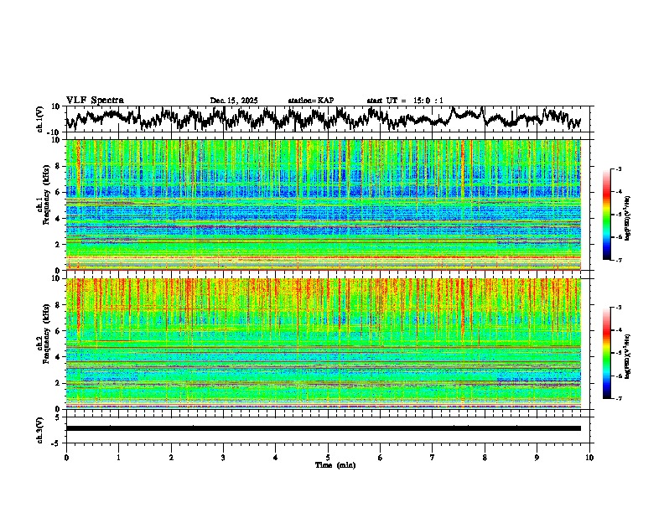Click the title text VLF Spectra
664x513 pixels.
pos(95,100)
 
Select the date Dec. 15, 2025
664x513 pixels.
pos(233,101)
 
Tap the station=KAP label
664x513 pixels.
pos(311,101)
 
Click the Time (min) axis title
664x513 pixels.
pos(328,464)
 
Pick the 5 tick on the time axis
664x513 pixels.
pos(328,457)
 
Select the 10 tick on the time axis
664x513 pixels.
pos(589,457)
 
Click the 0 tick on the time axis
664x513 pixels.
pos(66,457)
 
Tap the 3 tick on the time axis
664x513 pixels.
pos(223,457)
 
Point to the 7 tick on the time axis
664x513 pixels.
pos(433,457)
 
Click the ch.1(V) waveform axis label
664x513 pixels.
pos(39,119)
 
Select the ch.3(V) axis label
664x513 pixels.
pos(39,428)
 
